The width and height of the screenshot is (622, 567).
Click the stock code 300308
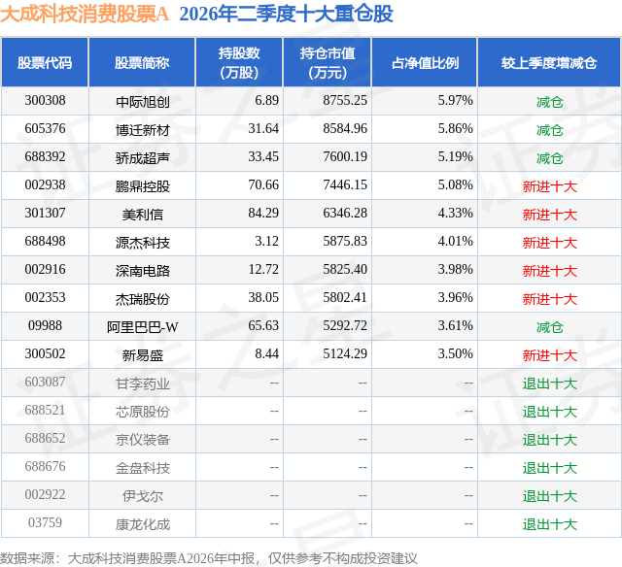[x=45, y=101]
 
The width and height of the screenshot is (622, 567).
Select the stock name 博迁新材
[x=143, y=129]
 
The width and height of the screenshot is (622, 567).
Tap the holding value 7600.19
[x=345, y=157]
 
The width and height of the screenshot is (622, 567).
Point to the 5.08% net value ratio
[x=455, y=185]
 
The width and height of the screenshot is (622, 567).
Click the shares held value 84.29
[x=263, y=214]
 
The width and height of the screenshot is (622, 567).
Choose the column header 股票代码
[x=45, y=62]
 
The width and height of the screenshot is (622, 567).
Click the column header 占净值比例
[x=425, y=62]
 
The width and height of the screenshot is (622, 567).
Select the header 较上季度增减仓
[x=549, y=62]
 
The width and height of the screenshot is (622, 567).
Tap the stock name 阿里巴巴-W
[x=143, y=326]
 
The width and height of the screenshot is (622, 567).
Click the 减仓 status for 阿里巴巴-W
[x=549, y=327]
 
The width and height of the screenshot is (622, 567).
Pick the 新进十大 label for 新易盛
[x=549, y=355]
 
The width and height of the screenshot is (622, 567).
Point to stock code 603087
[x=45, y=382]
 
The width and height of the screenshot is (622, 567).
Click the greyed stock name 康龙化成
[x=143, y=524]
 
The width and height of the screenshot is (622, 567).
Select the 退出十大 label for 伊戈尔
[x=549, y=496]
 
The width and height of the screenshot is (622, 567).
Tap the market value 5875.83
[x=345, y=242]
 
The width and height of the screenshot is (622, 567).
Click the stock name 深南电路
[x=143, y=270]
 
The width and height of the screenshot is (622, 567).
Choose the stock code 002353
[x=45, y=297]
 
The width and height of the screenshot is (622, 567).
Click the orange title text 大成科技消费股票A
[x=85, y=14]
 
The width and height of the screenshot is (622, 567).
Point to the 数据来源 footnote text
[x=209, y=558]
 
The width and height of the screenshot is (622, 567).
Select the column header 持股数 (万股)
[x=239, y=62]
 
